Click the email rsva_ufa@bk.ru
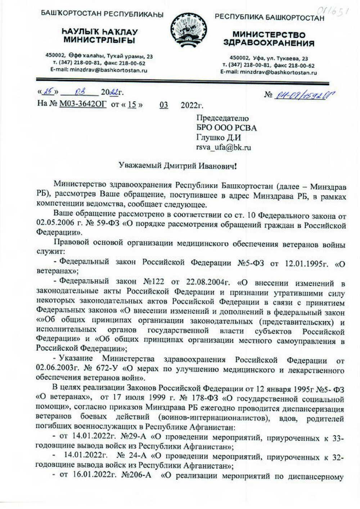point(224,147)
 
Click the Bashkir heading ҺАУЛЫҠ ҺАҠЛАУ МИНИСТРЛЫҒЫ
point(99,36)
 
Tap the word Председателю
point(222,118)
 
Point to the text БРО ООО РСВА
point(226,128)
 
